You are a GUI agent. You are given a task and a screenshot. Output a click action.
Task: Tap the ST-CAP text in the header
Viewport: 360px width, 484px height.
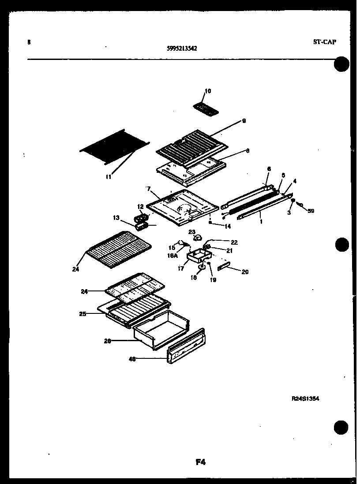[324, 42]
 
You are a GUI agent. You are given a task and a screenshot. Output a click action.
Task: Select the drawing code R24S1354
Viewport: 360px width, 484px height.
[305, 398]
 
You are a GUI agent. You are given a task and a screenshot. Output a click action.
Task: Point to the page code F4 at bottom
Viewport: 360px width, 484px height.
[201, 462]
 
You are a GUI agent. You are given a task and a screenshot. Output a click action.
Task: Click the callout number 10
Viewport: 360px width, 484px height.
[208, 91]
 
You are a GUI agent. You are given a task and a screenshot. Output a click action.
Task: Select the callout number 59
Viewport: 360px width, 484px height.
[311, 211]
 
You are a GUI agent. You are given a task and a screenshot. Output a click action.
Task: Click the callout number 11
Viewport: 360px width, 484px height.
[109, 177]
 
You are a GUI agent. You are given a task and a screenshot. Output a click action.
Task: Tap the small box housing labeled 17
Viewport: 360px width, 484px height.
[198, 255]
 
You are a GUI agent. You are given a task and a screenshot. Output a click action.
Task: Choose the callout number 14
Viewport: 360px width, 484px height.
[228, 227]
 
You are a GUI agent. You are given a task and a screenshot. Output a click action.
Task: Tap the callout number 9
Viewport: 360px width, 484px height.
[244, 121]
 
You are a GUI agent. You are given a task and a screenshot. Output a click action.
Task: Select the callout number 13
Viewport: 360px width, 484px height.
[116, 218]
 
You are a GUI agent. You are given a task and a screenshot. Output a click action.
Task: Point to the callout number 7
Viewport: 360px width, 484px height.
[149, 189]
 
